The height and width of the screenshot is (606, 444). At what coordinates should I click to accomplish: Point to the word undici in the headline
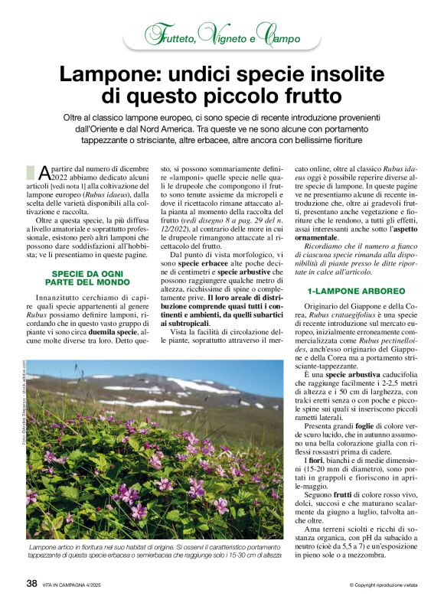tap(197, 76)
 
